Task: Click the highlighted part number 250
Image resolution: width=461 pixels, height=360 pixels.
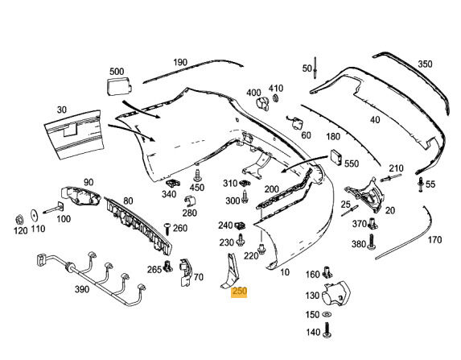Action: pyautogui.click(x=239, y=292)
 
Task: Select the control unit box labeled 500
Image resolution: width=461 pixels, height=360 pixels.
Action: pyautogui.click(x=119, y=86)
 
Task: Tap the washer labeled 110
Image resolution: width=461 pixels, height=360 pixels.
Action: pyautogui.click(x=35, y=216)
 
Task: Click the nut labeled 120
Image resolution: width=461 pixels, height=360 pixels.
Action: pyautogui.click(x=19, y=220)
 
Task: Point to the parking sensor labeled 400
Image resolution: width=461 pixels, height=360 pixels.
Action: pyautogui.click(x=262, y=104)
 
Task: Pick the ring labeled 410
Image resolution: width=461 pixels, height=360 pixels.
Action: pyautogui.click(x=276, y=98)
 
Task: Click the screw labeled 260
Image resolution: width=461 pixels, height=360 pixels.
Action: pyautogui.click(x=167, y=229)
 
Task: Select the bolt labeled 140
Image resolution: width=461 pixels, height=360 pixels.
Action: pyautogui.click(x=327, y=330)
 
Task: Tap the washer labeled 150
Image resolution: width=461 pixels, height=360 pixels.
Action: pyautogui.click(x=327, y=315)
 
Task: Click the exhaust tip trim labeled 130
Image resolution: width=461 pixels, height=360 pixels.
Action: pyautogui.click(x=336, y=293)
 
